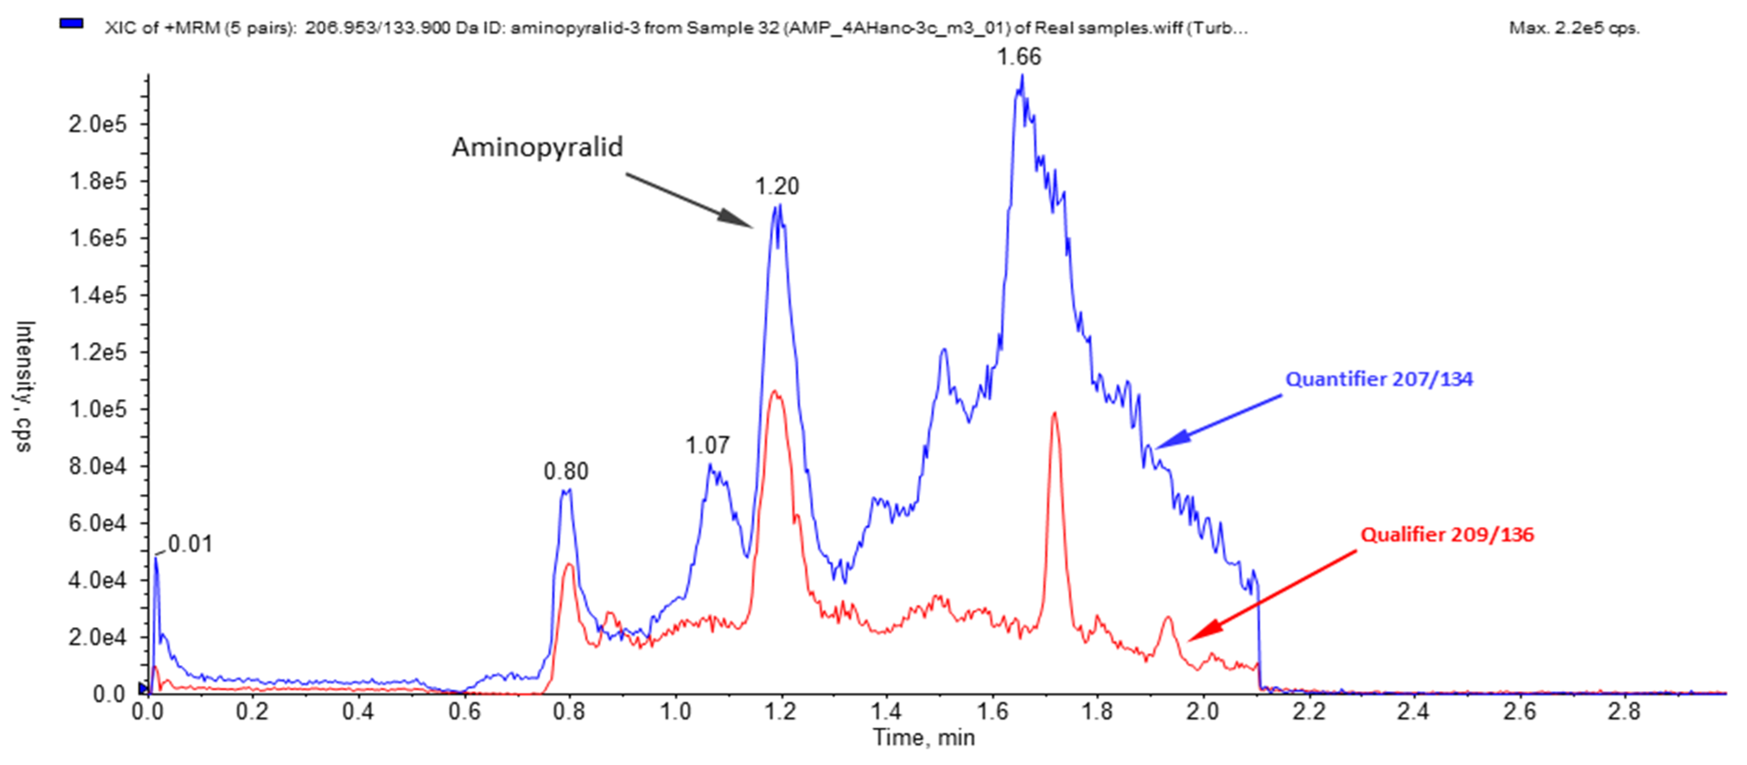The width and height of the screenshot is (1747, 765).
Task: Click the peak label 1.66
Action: click(1019, 57)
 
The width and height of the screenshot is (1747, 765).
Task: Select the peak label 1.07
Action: click(707, 446)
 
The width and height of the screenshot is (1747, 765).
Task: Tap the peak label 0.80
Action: click(565, 471)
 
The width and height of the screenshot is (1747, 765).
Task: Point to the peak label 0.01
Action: click(190, 544)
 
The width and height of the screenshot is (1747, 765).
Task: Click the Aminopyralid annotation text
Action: click(537, 147)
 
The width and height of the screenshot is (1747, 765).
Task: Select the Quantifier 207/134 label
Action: click(1379, 379)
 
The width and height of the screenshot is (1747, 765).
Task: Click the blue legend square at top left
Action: click(71, 24)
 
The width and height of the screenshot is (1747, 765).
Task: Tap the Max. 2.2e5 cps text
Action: click(1573, 28)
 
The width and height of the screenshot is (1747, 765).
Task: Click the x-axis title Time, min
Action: click(924, 737)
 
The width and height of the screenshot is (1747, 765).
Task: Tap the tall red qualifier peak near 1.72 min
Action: click(1054, 415)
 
